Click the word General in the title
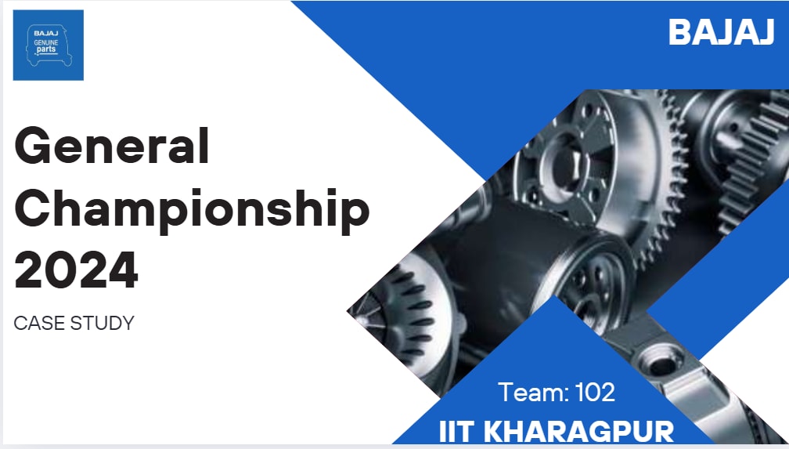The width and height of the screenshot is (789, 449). (x=112, y=146)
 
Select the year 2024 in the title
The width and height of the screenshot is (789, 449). (x=76, y=269)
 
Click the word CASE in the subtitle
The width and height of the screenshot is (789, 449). (x=40, y=323)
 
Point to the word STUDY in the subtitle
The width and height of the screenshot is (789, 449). (x=103, y=323)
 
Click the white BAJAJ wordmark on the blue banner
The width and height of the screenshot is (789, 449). (x=721, y=32)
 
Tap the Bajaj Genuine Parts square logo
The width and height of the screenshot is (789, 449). (x=49, y=45)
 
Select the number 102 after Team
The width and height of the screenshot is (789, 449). (x=595, y=392)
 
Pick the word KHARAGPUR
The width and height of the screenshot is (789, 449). (x=578, y=432)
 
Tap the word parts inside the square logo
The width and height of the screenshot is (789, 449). (x=46, y=50)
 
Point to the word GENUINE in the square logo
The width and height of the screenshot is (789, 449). (x=46, y=43)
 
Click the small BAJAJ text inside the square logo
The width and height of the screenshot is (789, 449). (x=46, y=33)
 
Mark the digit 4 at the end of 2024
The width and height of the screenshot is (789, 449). (x=123, y=269)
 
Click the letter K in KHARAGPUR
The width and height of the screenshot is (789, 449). (x=495, y=432)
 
